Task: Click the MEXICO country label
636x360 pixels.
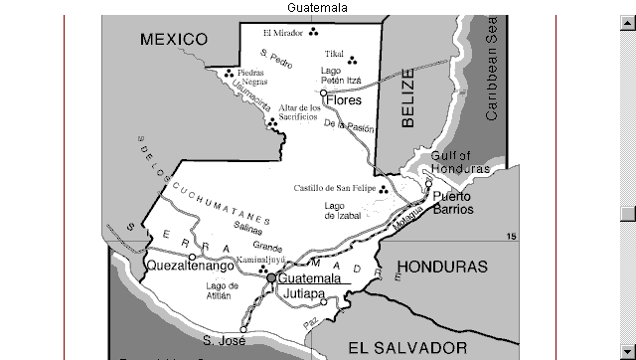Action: (174, 40)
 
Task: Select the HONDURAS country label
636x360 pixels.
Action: (442, 268)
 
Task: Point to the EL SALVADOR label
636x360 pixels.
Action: (407, 347)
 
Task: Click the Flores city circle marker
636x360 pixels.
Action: (323, 92)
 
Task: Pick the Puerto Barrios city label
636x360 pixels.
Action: (452, 203)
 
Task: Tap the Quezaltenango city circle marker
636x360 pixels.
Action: (192, 257)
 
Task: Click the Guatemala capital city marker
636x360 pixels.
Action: (270, 278)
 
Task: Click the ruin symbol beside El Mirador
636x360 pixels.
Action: (313, 32)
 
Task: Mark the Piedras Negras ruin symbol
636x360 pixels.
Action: (230, 72)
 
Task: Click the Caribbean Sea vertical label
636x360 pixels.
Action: (491, 70)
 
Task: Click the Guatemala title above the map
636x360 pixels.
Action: (317, 7)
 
